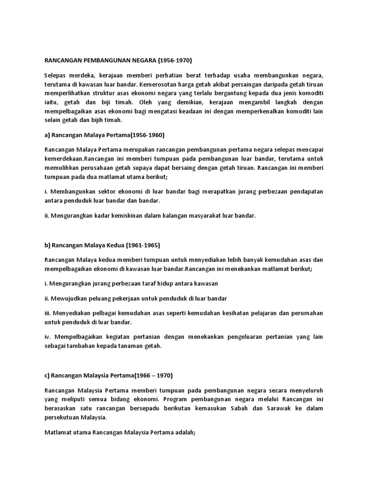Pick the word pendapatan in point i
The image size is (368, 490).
click(304, 191)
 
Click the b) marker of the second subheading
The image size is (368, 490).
click(47, 245)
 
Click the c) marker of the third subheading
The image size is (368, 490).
click(47, 376)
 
